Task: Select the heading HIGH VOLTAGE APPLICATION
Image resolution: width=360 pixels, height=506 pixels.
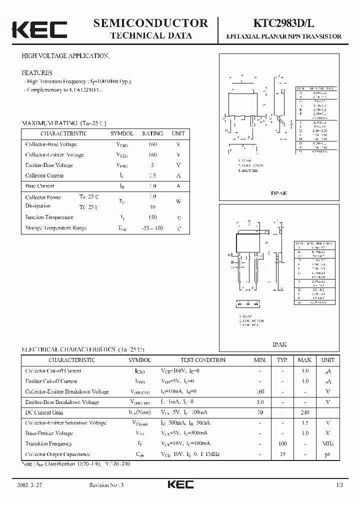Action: tap(65, 56)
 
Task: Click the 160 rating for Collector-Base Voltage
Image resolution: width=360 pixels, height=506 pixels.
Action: tap(152, 144)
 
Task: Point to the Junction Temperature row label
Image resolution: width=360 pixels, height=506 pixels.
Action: tap(49, 217)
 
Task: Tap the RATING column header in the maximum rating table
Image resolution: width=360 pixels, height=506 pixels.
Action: tap(152, 133)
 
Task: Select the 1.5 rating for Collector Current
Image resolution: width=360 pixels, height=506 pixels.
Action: tap(152, 175)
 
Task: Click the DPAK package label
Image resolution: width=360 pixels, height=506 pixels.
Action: tap(279, 193)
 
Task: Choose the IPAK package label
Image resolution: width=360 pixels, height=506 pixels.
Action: tap(279, 344)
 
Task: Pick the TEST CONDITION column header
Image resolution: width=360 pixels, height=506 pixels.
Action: tap(203, 360)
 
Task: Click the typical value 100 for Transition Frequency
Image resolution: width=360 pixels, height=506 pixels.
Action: tap(283, 443)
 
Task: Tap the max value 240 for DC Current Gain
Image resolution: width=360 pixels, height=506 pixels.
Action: tap(305, 412)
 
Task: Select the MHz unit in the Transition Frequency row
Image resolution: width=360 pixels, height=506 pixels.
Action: tap(328, 443)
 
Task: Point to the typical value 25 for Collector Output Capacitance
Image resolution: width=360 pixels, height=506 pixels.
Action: tap(283, 454)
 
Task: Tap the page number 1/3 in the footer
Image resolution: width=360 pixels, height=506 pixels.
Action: tap(339, 485)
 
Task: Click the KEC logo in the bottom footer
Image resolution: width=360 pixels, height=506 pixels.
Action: tap(179, 484)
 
